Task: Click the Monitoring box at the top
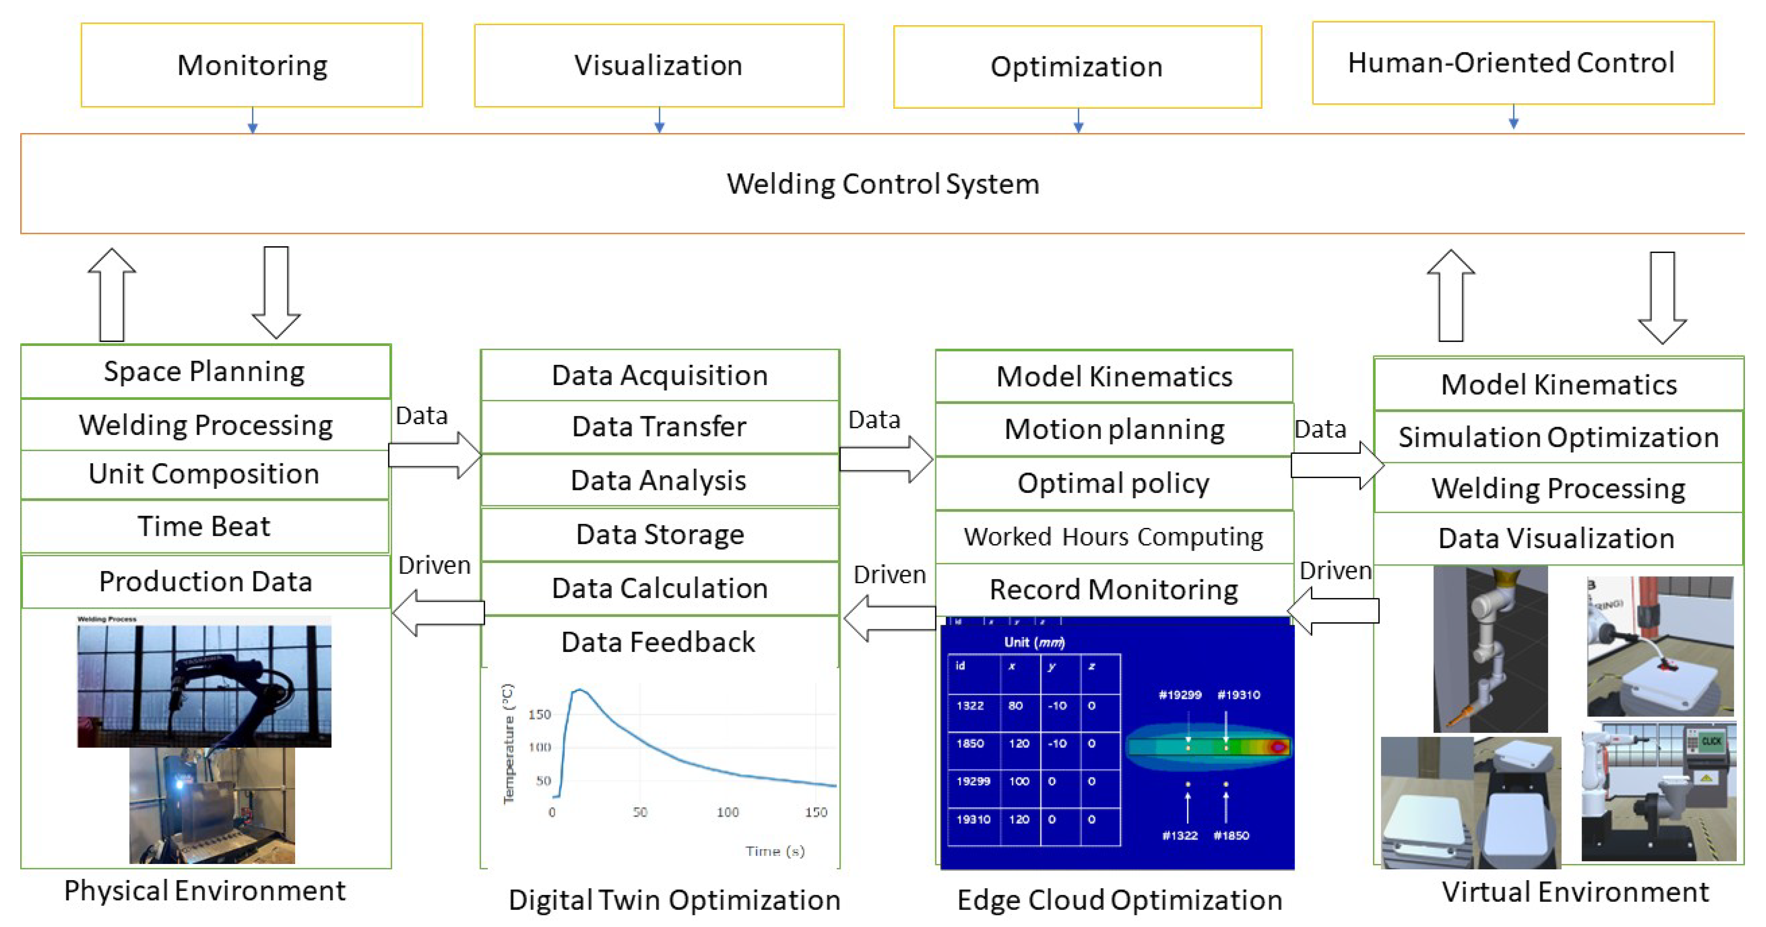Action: tap(252, 65)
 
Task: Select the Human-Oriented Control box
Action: tap(1512, 63)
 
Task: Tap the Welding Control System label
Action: tap(883, 184)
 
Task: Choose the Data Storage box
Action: tap(659, 534)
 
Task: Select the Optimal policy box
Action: tap(1114, 483)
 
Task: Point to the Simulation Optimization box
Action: tap(1558, 437)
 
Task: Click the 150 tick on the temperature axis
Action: tap(540, 715)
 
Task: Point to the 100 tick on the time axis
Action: tap(727, 813)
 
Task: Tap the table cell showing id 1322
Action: tap(970, 705)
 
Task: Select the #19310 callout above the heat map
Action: tap(1238, 695)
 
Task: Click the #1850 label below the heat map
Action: tap(1231, 835)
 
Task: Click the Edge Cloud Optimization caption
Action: tap(1120, 900)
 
